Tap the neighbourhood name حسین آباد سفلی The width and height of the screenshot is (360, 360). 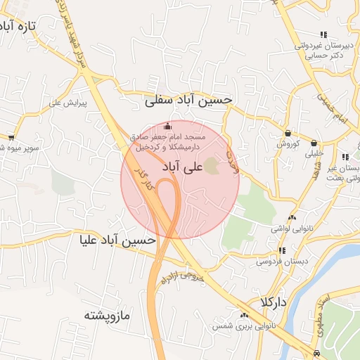(188, 101)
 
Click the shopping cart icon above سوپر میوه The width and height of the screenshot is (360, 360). (11, 137)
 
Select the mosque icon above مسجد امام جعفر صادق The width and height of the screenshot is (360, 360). (167, 126)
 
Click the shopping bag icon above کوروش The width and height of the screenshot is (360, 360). (288, 133)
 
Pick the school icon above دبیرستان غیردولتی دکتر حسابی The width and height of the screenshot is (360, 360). (323, 34)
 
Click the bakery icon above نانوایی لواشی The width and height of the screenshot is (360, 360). (292, 217)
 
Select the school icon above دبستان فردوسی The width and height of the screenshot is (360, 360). (281, 250)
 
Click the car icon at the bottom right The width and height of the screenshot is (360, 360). (317, 353)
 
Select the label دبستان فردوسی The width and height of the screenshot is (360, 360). (262, 261)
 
